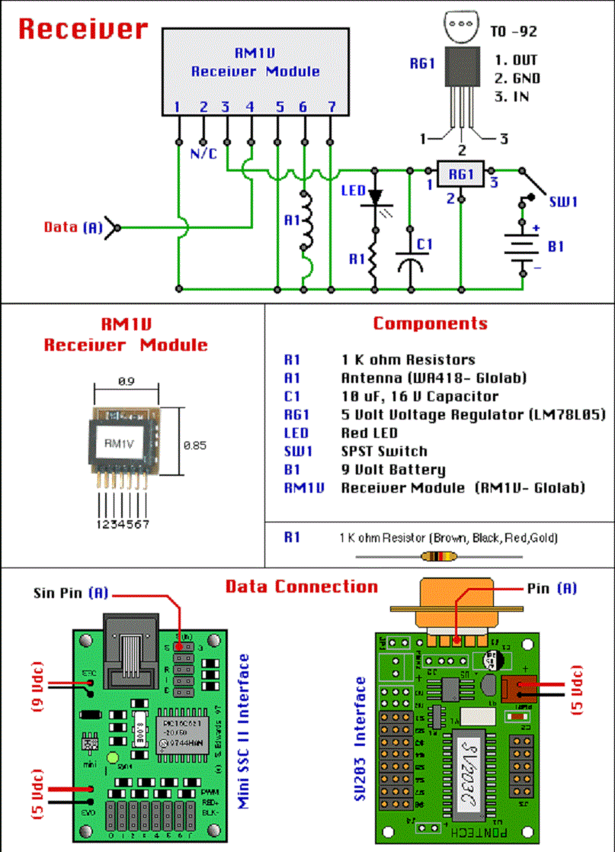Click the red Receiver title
(82, 29)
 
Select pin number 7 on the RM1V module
(331, 108)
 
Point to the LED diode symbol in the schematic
(374, 196)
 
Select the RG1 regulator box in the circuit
(461, 174)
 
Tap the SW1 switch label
(563, 201)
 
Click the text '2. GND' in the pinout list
(517, 78)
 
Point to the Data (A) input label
(73, 227)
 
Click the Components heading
(430, 323)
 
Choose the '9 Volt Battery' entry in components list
(392, 470)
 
